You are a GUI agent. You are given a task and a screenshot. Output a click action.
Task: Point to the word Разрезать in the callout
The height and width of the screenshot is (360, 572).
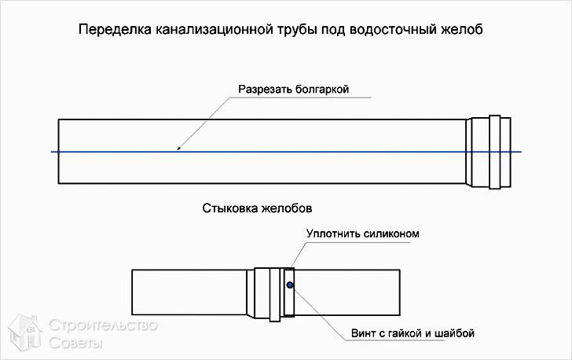click(x=266, y=89)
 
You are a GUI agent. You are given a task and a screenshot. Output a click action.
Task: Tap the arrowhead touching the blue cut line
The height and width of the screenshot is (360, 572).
click(x=179, y=148)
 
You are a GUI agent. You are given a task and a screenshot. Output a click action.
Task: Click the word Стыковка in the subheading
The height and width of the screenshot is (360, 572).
click(x=230, y=208)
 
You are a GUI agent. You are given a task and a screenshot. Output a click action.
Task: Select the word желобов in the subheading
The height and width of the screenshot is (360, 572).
click(x=287, y=208)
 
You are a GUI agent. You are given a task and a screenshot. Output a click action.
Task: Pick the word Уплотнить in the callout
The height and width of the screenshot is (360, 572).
click(x=332, y=233)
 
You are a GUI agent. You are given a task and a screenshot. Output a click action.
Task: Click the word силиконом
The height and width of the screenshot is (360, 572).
click(x=390, y=233)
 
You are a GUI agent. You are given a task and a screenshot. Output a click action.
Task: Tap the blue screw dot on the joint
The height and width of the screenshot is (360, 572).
click(x=290, y=285)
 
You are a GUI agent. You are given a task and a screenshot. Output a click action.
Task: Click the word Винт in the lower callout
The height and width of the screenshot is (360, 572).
click(x=362, y=333)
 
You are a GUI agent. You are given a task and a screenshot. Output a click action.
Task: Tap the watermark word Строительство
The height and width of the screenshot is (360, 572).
click(x=103, y=325)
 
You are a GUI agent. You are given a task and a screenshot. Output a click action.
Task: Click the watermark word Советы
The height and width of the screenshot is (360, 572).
click(x=76, y=343)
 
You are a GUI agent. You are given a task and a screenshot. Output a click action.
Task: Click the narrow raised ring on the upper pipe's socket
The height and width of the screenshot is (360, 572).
click(x=495, y=152)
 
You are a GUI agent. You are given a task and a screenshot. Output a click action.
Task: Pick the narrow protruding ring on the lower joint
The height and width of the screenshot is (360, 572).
click(x=275, y=294)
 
